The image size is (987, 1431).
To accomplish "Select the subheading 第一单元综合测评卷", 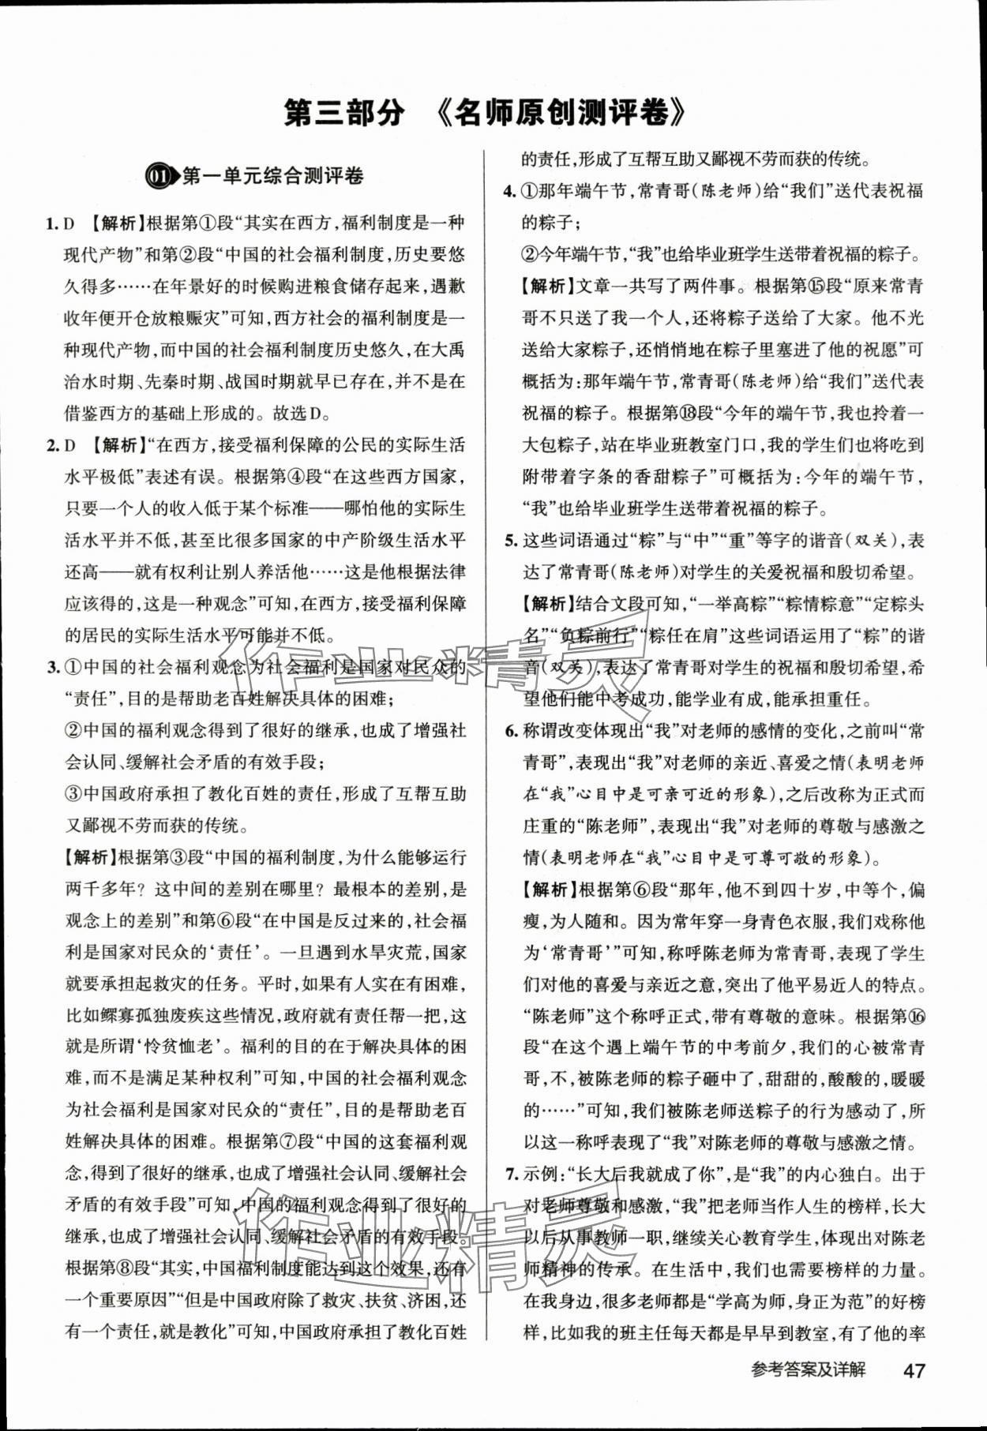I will click(273, 176).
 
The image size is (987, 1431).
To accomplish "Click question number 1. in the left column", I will click(53, 223).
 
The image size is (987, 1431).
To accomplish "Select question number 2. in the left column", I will click(53, 446).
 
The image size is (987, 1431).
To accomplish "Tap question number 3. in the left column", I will click(53, 669).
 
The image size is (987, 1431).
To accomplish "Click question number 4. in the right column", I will click(510, 191).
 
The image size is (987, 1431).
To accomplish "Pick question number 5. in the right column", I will click(510, 541).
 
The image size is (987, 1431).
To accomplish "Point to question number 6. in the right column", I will click(510, 732).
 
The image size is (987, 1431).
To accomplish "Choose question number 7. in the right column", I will click(510, 1175).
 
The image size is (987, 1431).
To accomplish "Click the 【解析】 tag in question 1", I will click(114, 223).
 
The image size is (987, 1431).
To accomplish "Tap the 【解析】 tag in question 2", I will click(114, 446).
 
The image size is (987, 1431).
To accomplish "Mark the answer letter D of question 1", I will click(69, 223).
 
